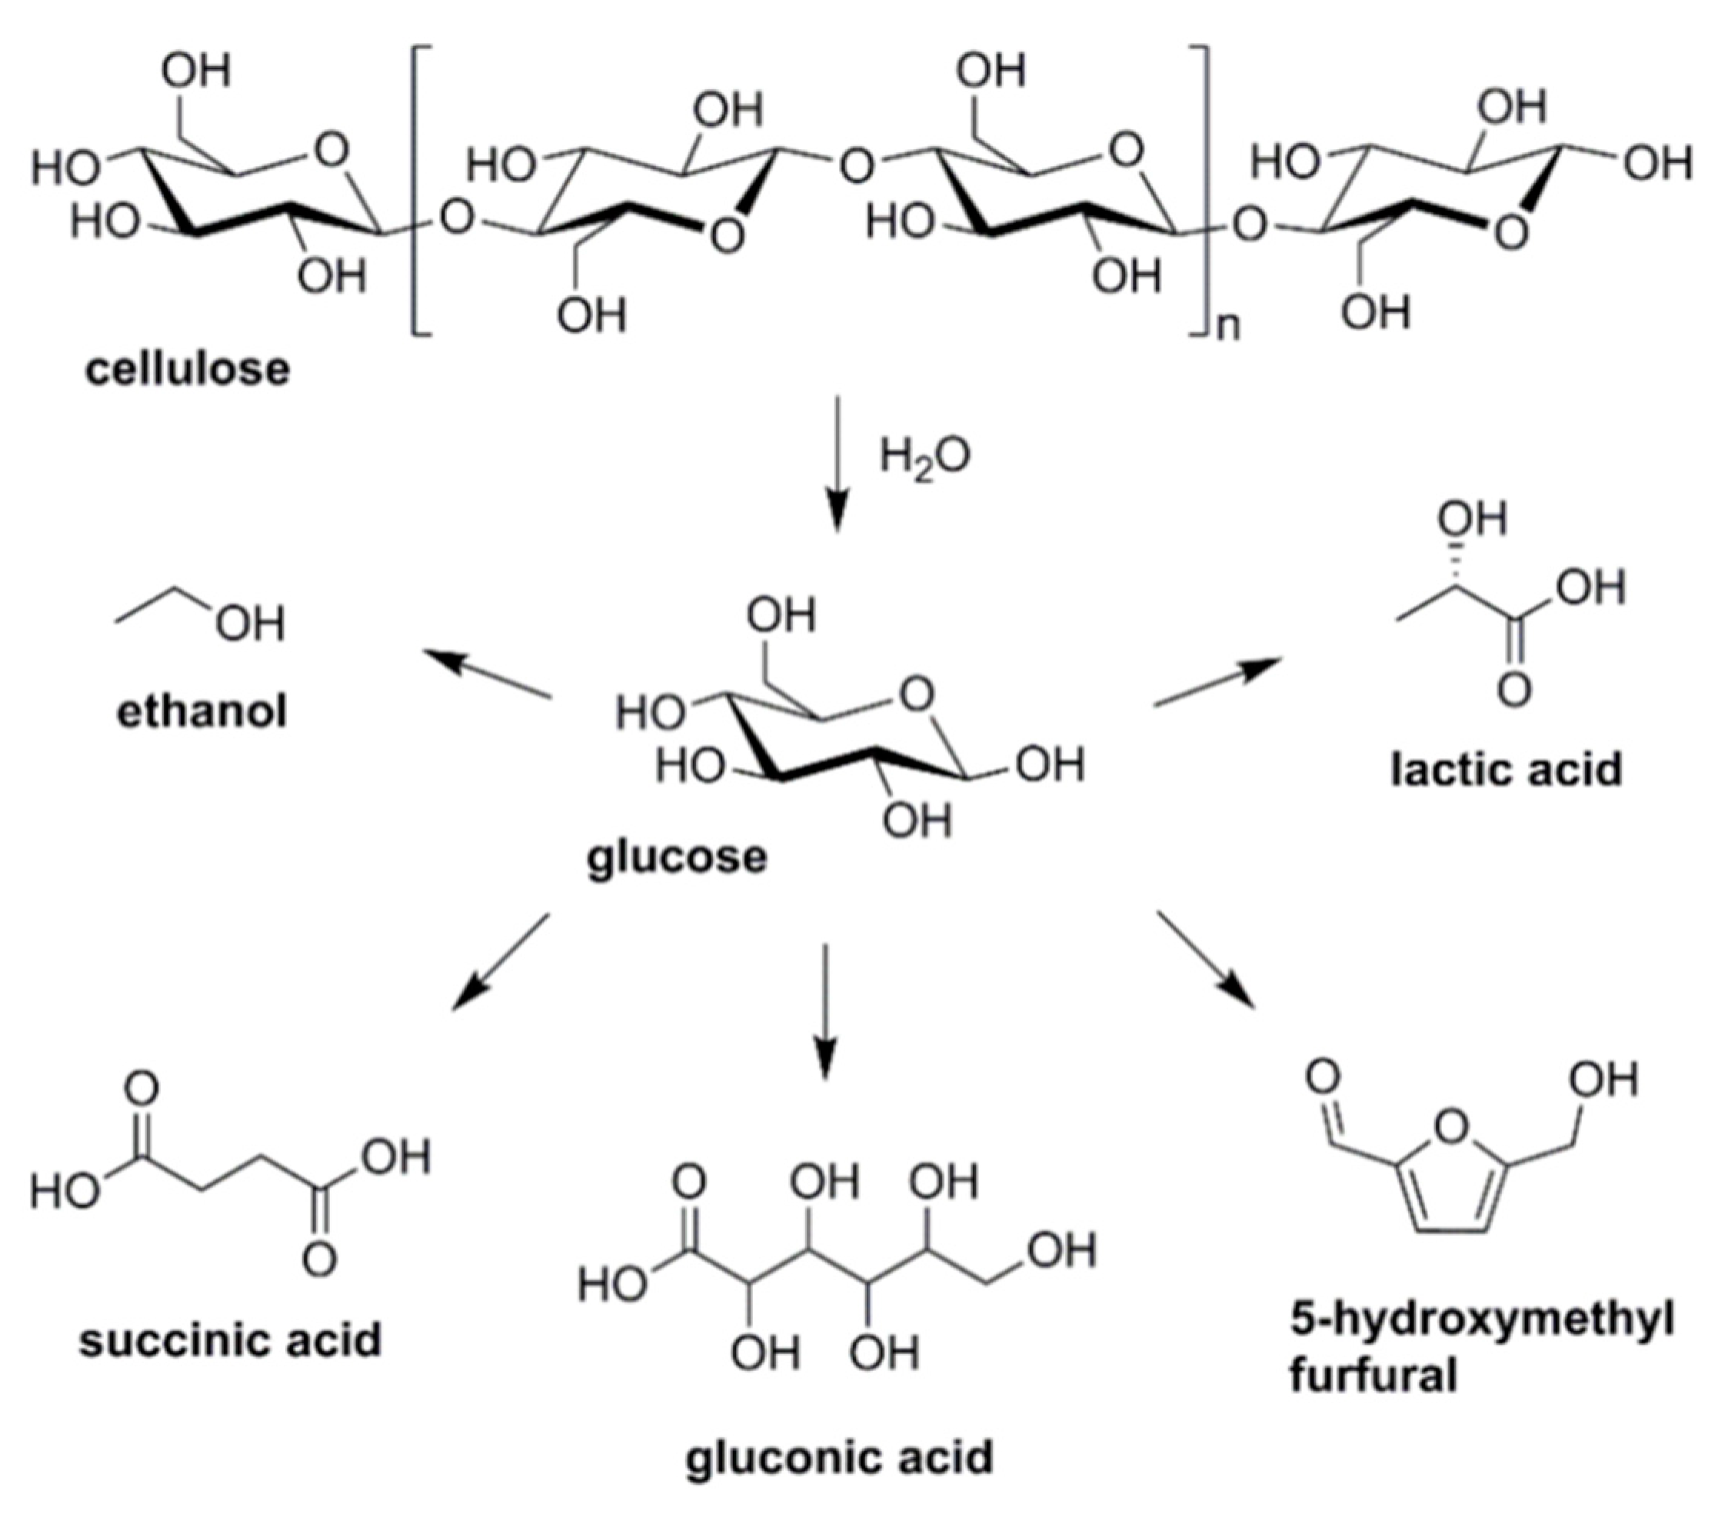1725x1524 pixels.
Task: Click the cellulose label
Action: [x=187, y=370]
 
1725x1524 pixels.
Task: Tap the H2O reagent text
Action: [x=925, y=457]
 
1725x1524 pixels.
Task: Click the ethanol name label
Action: [x=201, y=711]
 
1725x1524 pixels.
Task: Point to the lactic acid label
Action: [x=1507, y=770]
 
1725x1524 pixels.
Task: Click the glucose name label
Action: [x=678, y=857]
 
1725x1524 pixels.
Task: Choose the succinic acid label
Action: [x=231, y=1339]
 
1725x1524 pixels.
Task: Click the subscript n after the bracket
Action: [x=1228, y=326]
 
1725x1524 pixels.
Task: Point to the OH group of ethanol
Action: [x=250, y=625]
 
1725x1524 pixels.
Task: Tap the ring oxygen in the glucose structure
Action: [x=917, y=694]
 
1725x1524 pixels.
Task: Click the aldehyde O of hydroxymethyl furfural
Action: [x=1323, y=1076]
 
